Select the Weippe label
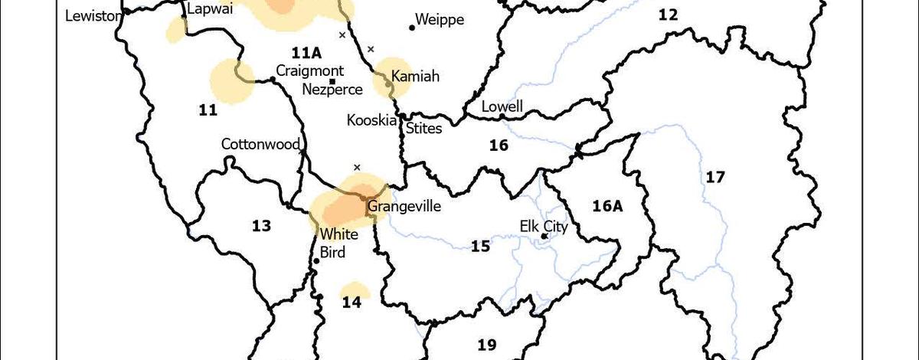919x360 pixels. click(440, 20)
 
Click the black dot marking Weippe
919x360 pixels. click(412, 28)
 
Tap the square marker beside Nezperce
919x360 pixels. click(332, 80)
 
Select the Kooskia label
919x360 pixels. click(371, 120)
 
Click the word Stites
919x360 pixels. click(424, 128)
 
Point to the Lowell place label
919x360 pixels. click(502, 106)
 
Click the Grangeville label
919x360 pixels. click(404, 206)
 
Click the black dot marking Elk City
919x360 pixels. click(544, 236)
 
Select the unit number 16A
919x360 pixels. click(610, 205)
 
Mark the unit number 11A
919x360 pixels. click(306, 52)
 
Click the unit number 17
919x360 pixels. click(715, 178)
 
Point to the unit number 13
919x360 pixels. click(261, 225)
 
